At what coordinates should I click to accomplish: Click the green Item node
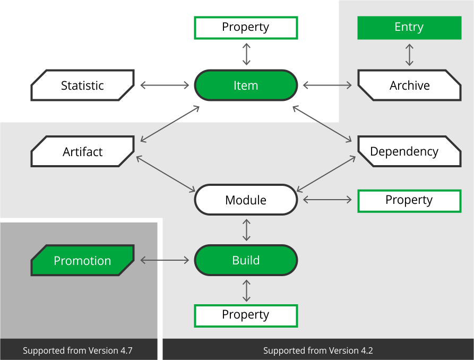coord(246,85)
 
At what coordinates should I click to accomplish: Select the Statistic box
coord(82,85)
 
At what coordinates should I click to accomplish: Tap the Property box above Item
coord(246,27)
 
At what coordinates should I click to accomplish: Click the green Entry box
coord(409,27)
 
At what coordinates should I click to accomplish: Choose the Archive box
coord(409,85)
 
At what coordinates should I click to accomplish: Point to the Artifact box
coord(82,151)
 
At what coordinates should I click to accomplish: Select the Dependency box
coord(409,151)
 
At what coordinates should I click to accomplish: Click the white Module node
coord(246,200)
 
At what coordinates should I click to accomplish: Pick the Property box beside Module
coord(409,200)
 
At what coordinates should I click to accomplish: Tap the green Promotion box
coord(82,260)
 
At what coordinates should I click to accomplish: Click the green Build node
coord(246,260)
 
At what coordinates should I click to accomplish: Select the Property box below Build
coord(246,315)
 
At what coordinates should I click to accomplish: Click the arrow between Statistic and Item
coord(165,85)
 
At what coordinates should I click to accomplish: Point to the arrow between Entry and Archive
coord(409,55)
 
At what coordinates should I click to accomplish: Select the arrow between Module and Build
coord(246,229)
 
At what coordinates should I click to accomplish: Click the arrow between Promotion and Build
coord(165,260)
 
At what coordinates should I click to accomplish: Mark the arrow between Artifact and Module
coord(166,174)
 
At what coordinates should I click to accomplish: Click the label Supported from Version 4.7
coord(77,350)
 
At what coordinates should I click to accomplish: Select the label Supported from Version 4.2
coord(318,350)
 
